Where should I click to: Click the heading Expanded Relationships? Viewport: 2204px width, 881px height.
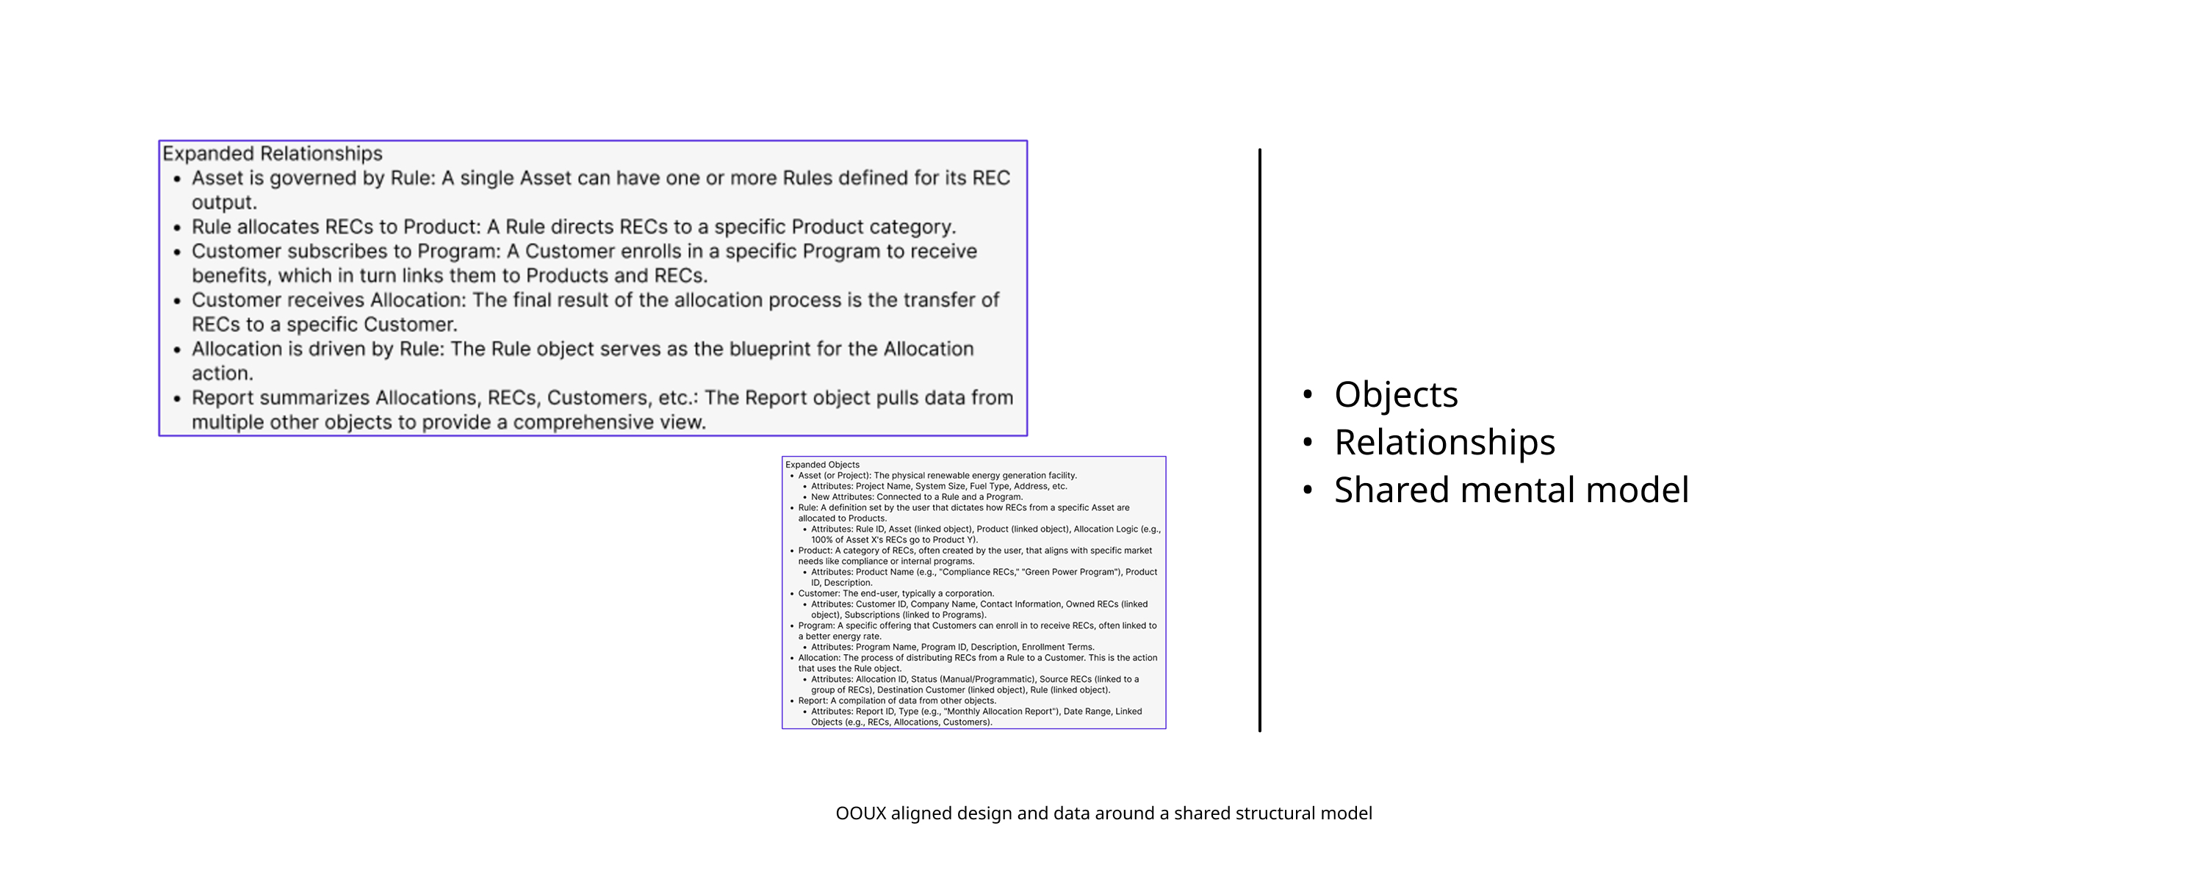click(x=272, y=153)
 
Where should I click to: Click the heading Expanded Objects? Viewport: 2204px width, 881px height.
click(x=822, y=465)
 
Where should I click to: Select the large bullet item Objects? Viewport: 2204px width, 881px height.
click(x=1395, y=394)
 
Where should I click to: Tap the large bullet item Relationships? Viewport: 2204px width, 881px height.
click(x=1444, y=442)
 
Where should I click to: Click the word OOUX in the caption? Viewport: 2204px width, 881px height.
click(x=861, y=813)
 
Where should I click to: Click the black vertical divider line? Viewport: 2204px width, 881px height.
click(x=1259, y=440)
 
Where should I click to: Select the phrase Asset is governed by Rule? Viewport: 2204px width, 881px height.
click(x=313, y=178)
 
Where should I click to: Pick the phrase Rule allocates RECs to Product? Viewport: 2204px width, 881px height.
click(x=336, y=227)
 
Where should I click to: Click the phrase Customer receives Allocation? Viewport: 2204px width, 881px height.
click(x=328, y=300)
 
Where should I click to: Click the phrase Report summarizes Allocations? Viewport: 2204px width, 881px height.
click(x=336, y=398)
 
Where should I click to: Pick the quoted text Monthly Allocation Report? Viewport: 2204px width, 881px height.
click(x=998, y=711)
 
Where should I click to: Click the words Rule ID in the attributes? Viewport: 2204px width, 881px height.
click(x=869, y=529)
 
